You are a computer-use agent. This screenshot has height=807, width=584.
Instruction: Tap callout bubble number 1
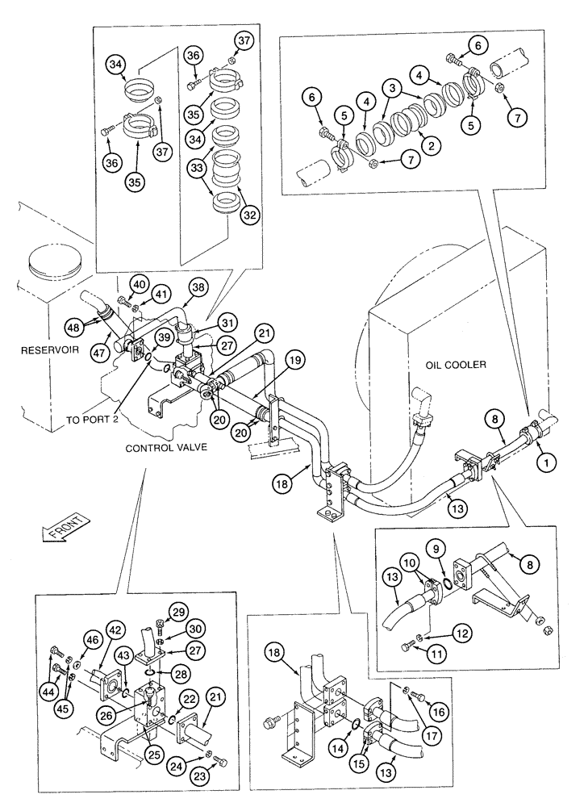pyautogui.click(x=547, y=463)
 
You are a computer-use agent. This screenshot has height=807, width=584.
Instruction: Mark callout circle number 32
pyautogui.click(x=250, y=215)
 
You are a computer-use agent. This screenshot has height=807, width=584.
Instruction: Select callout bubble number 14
pyautogui.click(x=352, y=759)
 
